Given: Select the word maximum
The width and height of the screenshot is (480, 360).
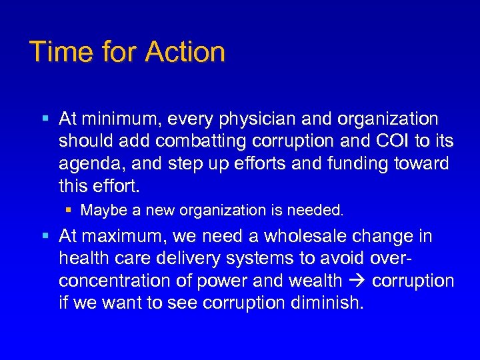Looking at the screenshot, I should [x=121, y=237].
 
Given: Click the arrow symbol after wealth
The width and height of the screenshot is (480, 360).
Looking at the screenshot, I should [x=361, y=281].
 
